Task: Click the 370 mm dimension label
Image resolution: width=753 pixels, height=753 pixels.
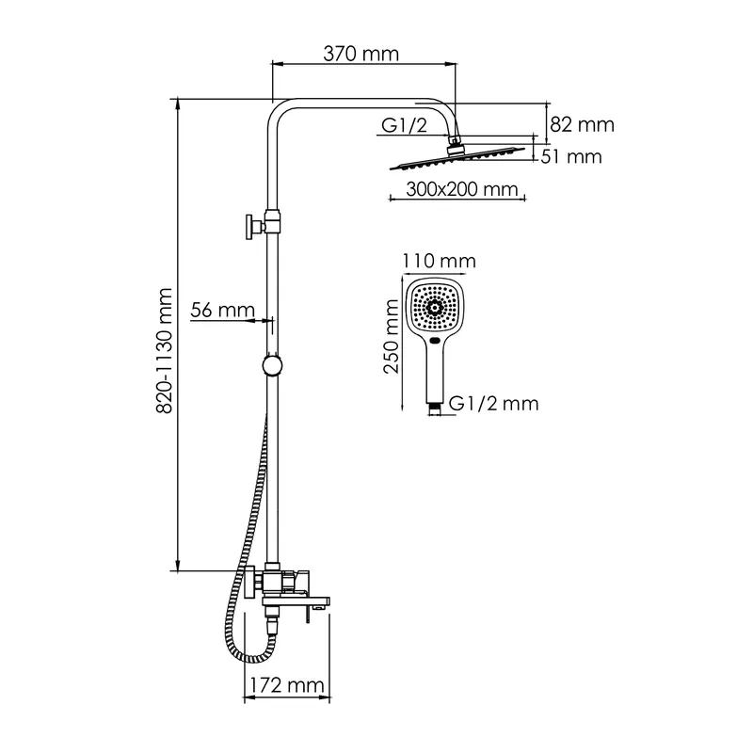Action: (360, 54)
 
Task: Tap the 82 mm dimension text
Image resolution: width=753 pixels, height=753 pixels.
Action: (582, 125)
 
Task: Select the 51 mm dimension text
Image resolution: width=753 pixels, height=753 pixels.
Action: (571, 157)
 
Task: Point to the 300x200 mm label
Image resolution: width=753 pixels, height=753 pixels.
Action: (462, 189)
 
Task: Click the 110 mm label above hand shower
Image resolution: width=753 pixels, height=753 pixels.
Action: (439, 262)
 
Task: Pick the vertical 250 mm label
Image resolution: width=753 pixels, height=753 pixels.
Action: (392, 336)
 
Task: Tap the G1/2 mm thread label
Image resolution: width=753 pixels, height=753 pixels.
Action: (493, 404)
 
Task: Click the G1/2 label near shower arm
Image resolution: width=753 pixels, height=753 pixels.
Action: (404, 126)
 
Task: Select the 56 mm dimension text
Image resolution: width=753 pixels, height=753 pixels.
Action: (222, 311)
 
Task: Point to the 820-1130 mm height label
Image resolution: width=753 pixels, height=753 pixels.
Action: (164, 350)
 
